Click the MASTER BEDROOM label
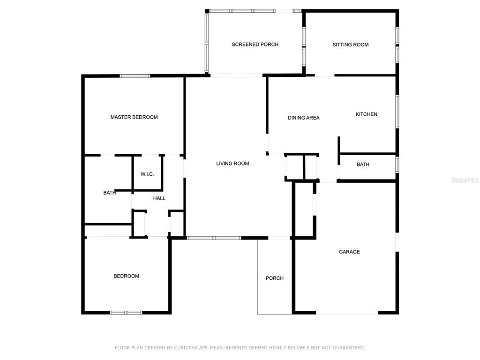point(134,117)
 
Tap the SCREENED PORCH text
point(255,45)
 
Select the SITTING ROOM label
point(351,45)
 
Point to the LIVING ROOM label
point(232,164)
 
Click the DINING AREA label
point(304,118)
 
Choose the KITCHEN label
point(367,114)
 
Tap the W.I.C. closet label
point(147,174)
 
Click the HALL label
point(159,198)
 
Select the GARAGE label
point(349,252)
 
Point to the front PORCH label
point(275,278)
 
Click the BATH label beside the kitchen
point(363,165)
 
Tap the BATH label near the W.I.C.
point(110,193)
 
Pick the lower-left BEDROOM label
point(127,276)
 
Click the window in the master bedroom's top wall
point(135,76)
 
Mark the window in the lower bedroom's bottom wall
point(126,313)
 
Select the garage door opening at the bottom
point(347,313)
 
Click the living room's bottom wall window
point(214,238)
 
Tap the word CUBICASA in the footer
point(187,348)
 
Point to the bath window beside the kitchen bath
point(397,165)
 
